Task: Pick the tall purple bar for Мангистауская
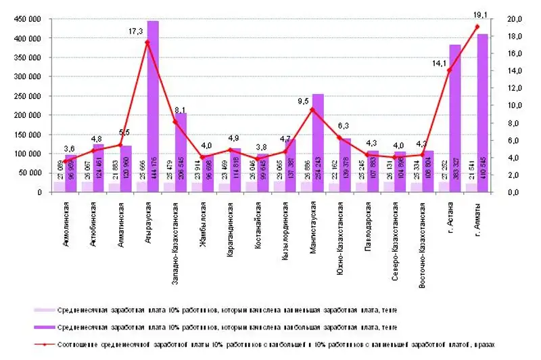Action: (317, 143)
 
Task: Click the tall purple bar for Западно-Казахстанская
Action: (181, 152)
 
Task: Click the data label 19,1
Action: (481, 14)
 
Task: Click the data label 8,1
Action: (180, 110)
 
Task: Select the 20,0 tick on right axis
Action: (515, 20)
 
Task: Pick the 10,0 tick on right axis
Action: (515, 106)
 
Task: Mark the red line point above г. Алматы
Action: (477, 27)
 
